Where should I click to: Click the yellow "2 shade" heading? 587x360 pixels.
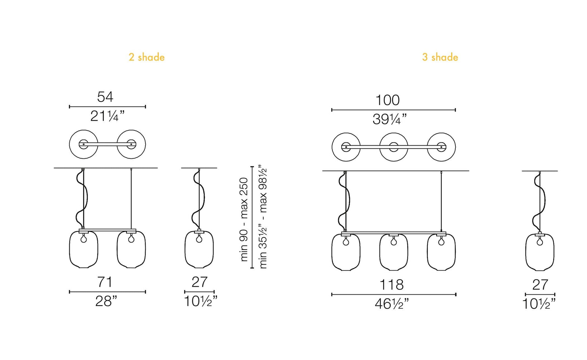pyautogui.click(x=146, y=57)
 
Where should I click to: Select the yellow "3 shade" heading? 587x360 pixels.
pyautogui.click(x=440, y=57)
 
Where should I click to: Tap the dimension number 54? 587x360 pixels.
pyautogui.click(x=105, y=97)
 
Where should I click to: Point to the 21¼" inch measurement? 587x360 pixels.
pyautogui.click(x=107, y=116)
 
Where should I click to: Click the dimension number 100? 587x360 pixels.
pyautogui.click(x=387, y=100)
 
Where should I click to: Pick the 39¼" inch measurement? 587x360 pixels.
pyautogui.click(x=389, y=119)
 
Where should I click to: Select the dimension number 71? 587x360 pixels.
pyautogui.click(x=105, y=282)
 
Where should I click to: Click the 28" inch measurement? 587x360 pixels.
pyautogui.click(x=106, y=301)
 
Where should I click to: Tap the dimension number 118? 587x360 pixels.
pyautogui.click(x=391, y=285)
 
